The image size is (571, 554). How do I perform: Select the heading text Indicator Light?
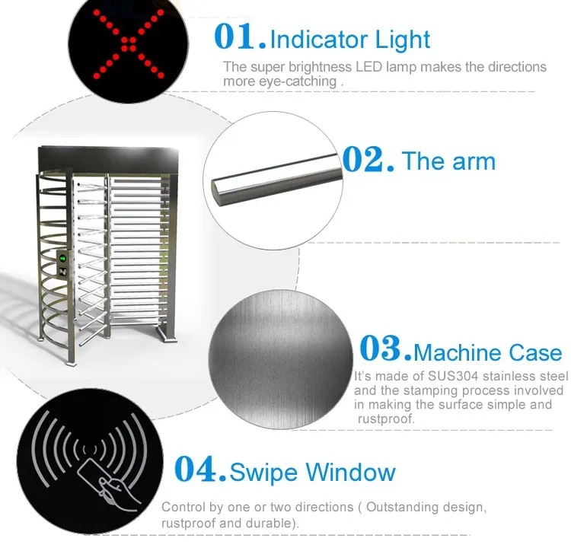pyautogui.click(x=350, y=39)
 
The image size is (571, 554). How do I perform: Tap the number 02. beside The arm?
pyautogui.click(x=368, y=159)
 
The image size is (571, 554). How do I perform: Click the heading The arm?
pyautogui.click(x=448, y=161)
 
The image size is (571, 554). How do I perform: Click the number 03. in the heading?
pyautogui.click(x=385, y=349)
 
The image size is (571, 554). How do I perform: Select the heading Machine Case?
pyautogui.click(x=488, y=353)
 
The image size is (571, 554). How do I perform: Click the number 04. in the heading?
pyautogui.click(x=201, y=470)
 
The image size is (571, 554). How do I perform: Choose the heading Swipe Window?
pyautogui.click(x=313, y=473)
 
